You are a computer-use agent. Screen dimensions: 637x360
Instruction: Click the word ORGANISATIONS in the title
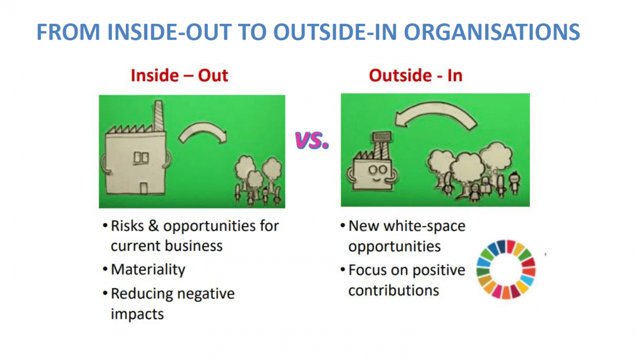point(492,32)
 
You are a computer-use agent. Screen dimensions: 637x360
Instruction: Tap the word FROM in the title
point(68,32)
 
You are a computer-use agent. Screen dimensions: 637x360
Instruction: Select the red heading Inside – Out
point(179,75)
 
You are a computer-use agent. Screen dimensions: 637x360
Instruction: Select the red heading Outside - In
point(416,75)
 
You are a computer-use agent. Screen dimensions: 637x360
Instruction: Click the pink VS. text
point(312,141)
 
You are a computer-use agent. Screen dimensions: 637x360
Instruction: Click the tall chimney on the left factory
point(159,116)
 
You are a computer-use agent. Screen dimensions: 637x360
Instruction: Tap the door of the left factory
point(144,188)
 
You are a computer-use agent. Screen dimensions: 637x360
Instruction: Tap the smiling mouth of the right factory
point(377,179)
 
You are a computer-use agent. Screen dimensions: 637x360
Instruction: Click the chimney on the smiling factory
point(381,146)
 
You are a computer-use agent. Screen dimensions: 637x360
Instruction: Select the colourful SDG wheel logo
point(506,269)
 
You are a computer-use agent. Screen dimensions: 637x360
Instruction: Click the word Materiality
point(148,270)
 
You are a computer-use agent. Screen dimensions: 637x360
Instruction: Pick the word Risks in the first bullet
point(127,226)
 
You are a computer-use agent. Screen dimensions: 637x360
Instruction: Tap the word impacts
point(137,314)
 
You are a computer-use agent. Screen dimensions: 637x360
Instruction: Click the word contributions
point(393,290)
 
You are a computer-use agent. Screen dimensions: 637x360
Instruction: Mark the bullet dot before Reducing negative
point(105,293)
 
